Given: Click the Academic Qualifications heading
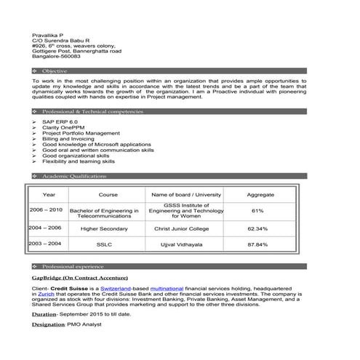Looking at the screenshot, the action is point(74,177).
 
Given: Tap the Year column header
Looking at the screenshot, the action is point(49,195).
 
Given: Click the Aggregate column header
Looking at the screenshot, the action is point(260,195).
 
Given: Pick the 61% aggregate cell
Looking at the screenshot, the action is point(257,211).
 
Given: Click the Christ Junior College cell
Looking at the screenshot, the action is point(182,228).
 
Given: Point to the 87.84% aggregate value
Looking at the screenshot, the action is point(257,244).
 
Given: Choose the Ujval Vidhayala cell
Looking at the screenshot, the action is point(182,244).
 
